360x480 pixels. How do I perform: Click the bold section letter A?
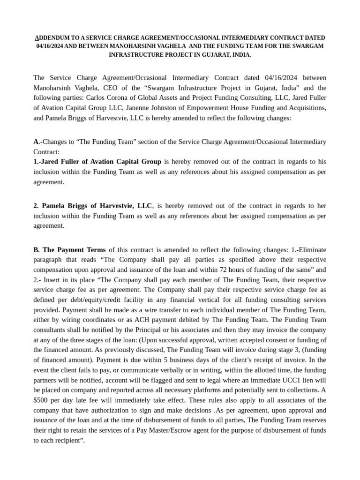pos(36,142)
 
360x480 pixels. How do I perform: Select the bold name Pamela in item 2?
pos(53,205)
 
